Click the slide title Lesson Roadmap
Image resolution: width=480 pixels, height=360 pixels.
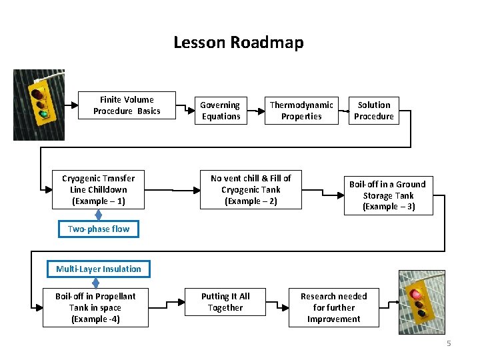pos(238,43)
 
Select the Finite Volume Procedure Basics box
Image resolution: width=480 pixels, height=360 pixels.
pos(127,105)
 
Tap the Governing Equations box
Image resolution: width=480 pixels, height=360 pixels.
pos(221,111)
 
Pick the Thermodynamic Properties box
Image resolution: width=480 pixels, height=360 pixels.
pos(301,111)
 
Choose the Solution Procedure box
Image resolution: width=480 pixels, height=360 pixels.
pos(373,111)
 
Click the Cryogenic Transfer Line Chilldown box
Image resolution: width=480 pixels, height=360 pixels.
pos(98,189)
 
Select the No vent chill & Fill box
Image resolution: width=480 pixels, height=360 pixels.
pos(251,189)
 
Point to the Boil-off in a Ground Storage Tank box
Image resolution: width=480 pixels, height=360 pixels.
pos(387,195)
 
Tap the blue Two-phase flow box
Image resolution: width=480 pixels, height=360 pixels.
pos(99,229)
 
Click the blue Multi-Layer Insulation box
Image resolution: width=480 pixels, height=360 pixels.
pos(99,269)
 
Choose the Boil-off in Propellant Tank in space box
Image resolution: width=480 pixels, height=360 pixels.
pos(95,307)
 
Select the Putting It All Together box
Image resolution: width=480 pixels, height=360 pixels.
pos(225,302)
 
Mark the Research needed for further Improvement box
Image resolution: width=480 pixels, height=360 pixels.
pos(333,307)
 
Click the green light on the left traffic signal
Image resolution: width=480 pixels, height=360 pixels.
pos(44,114)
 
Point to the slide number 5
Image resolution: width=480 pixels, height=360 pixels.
pos(449,343)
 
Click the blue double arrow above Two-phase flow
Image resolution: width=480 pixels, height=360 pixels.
pos(99,214)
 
